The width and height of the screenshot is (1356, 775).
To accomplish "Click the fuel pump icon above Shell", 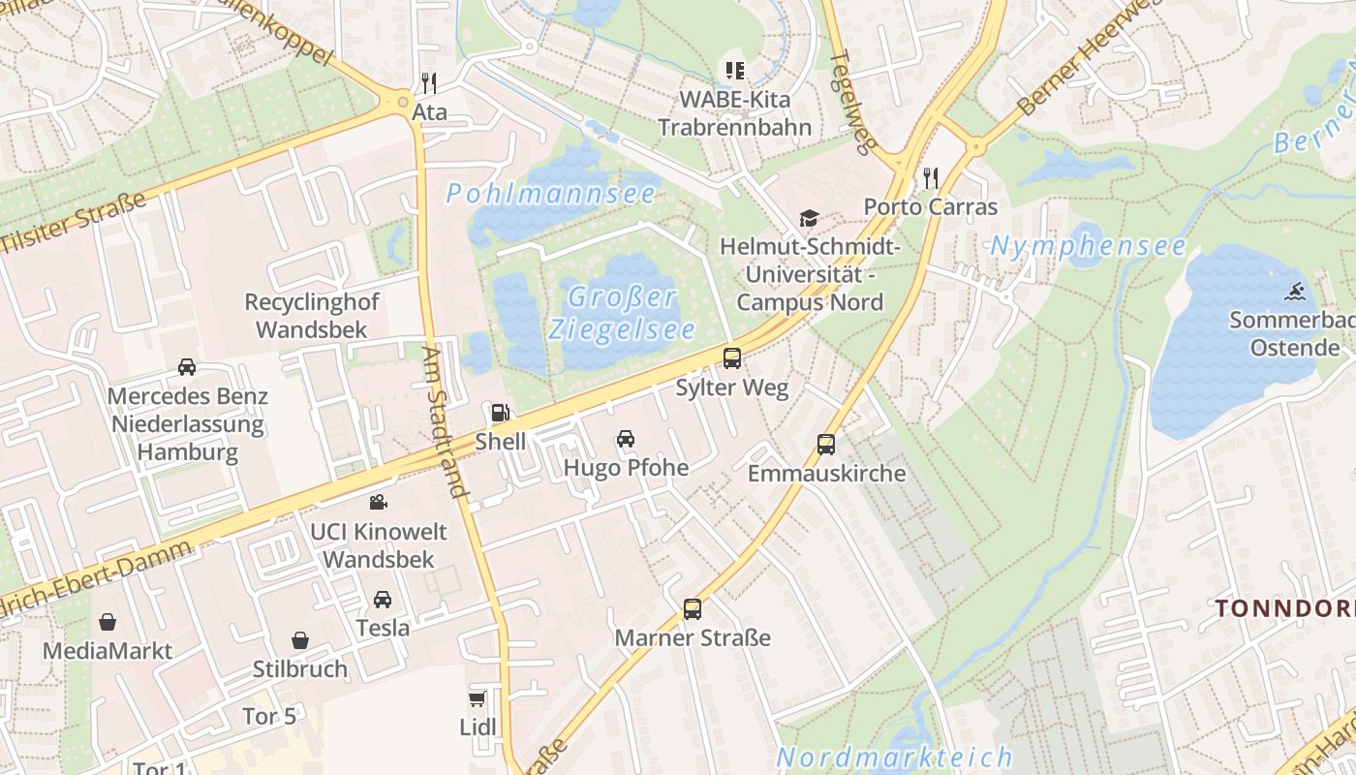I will (x=499, y=413).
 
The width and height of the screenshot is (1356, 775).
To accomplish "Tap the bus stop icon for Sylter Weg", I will (x=732, y=358).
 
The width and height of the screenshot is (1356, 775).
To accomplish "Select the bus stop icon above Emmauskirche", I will (x=825, y=445).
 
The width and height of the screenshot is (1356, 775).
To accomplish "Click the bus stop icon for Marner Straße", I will (x=692, y=609).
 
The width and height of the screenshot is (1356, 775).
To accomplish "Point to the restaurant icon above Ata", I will (x=429, y=82).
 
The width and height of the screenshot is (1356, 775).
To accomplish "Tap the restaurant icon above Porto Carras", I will (x=930, y=177).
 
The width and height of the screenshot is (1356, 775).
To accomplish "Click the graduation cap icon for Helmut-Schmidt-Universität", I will (x=809, y=219).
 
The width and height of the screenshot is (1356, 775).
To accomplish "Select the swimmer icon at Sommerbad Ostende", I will (x=1295, y=291).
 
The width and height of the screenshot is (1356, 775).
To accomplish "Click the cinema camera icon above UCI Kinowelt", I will (x=378, y=502).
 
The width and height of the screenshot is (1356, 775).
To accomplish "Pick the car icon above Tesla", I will (x=383, y=599).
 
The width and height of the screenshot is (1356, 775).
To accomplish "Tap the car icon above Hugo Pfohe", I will (x=626, y=438).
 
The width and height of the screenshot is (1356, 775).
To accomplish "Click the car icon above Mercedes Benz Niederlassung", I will (x=187, y=367).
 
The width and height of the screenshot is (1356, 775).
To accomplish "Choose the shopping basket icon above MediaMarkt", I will (x=107, y=621).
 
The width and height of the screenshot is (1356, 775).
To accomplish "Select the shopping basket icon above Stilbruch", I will (x=300, y=640).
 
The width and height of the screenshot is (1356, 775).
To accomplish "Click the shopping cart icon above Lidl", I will (x=477, y=698).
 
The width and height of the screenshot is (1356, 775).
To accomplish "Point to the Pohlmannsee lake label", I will (x=551, y=194).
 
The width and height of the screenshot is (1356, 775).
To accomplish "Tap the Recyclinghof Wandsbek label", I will (x=312, y=316).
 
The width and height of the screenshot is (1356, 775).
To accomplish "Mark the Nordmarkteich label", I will (x=894, y=757).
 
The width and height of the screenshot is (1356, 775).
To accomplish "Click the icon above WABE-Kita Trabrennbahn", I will (x=735, y=70).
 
